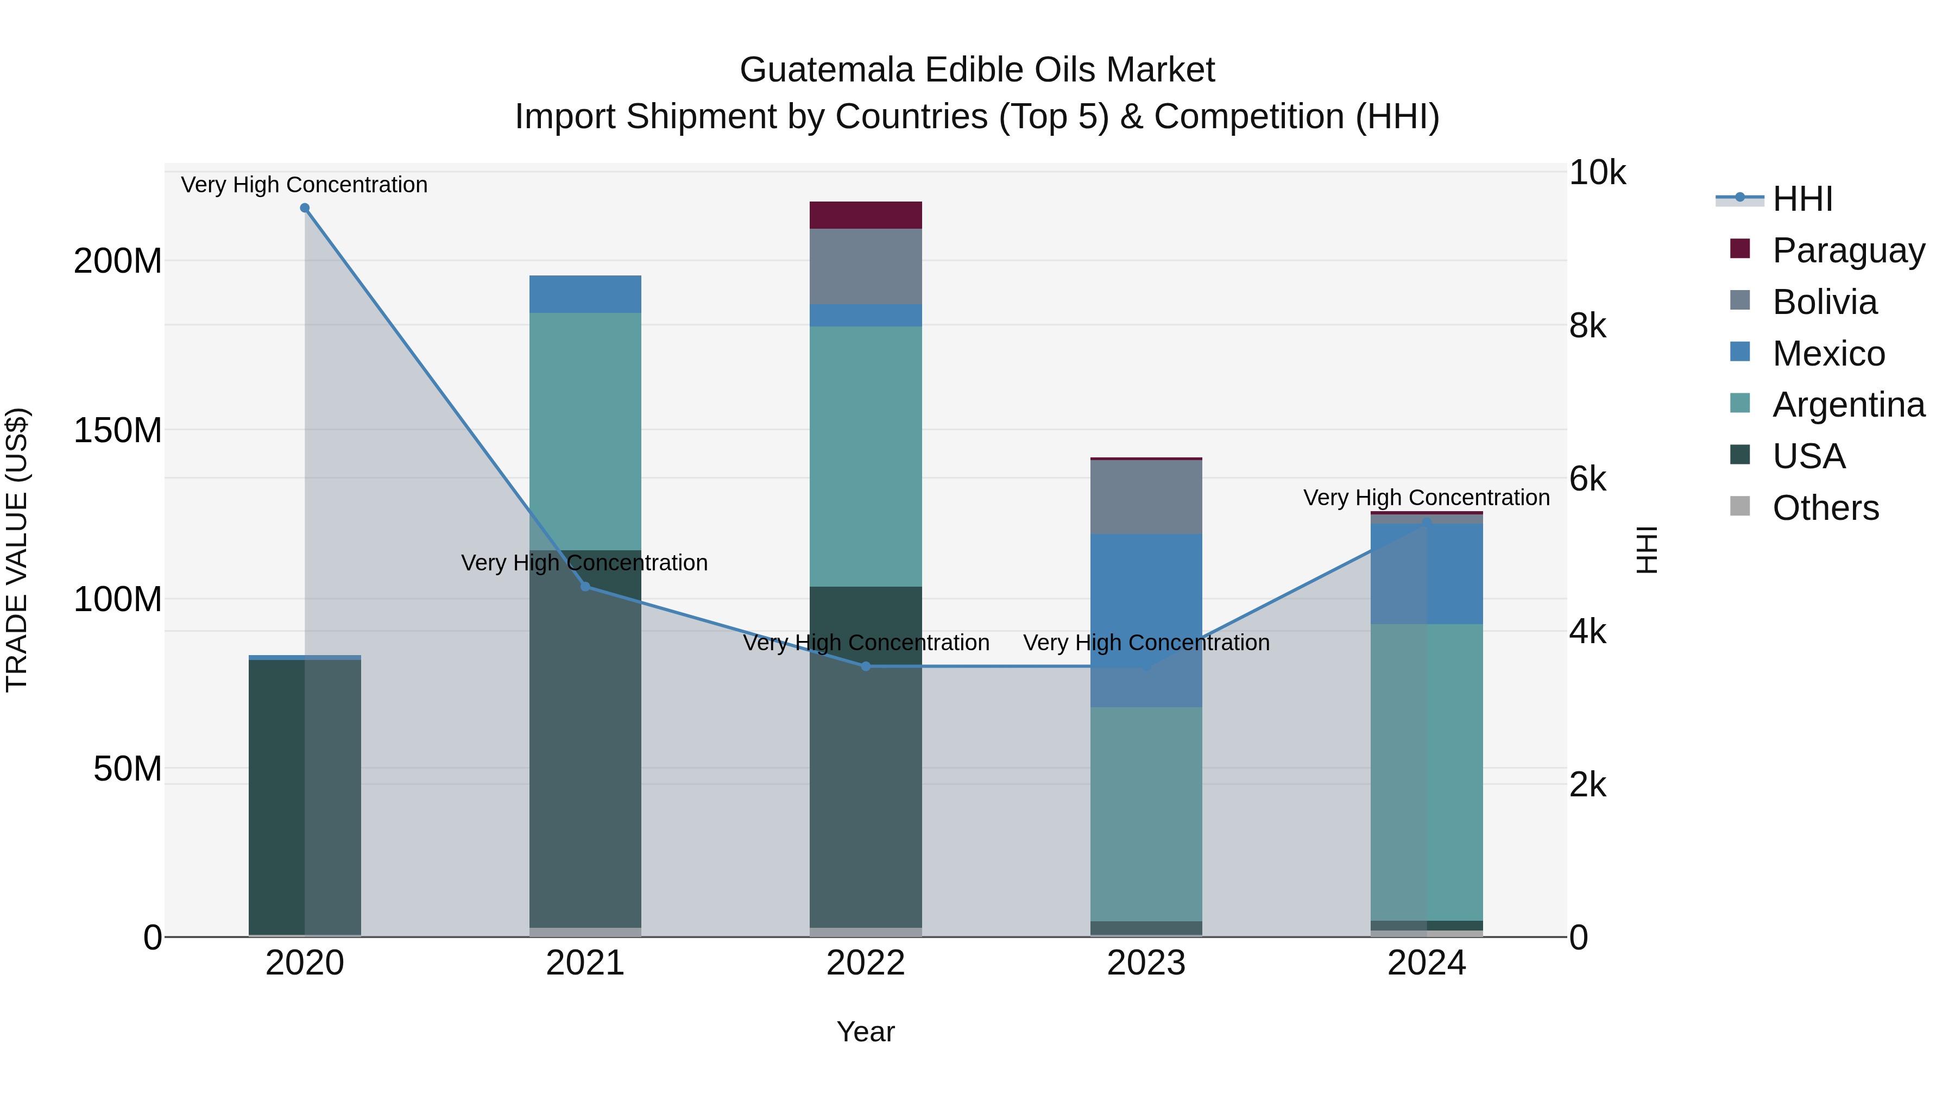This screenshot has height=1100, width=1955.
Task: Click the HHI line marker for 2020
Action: point(304,208)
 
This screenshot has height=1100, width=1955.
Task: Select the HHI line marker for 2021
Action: point(585,586)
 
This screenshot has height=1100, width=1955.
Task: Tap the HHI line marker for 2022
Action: point(866,667)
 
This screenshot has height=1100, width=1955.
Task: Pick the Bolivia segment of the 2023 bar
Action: point(1146,497)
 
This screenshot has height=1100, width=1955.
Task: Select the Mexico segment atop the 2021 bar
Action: point(585,294)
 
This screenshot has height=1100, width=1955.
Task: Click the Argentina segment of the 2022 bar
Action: point(866,456)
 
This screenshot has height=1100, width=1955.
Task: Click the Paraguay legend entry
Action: point(1848,250)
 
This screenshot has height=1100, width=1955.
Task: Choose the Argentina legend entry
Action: point(1848,405)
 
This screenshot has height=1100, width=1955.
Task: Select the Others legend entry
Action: point(1825,508)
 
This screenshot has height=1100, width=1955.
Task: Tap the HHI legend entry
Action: point(1802,199)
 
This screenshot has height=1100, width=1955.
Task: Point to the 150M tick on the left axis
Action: point(118,430)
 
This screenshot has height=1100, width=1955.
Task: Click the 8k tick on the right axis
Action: point(1588,326)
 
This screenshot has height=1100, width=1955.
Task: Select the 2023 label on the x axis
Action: point(1146,963)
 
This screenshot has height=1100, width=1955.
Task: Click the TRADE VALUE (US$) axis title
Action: point(17,550)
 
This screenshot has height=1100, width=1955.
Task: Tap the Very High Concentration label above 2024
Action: point(1426,498)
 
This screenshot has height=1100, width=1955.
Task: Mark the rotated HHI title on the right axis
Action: point(1648,550)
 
